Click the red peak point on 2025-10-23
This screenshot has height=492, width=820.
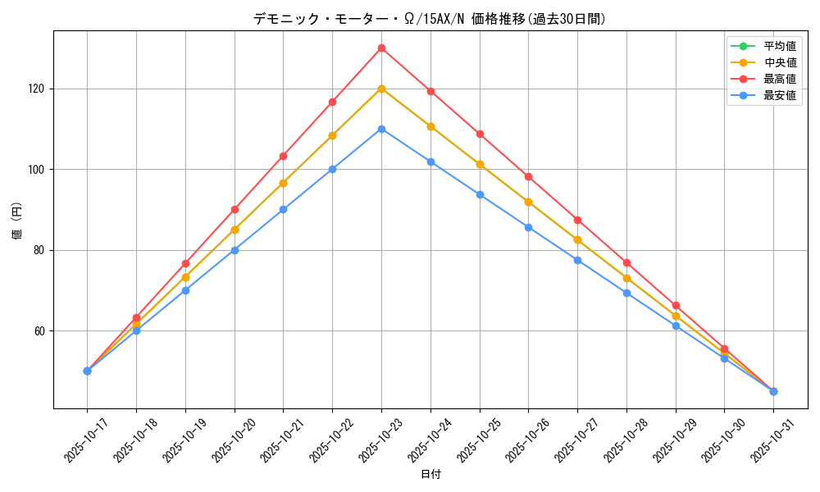[381, 48]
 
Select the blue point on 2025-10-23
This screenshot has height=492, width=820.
[381, 129]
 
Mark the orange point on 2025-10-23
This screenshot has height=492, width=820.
[381, 89]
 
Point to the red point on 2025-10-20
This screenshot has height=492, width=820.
[235, 209]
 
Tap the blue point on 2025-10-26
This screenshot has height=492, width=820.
[528, 227]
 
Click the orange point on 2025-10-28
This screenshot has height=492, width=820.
[626, 278]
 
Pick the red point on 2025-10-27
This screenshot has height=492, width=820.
[577, 220]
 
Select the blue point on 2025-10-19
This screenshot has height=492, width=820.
[185, 290]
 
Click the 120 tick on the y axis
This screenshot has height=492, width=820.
[39, 89]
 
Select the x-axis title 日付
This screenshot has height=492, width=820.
[430, 475]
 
